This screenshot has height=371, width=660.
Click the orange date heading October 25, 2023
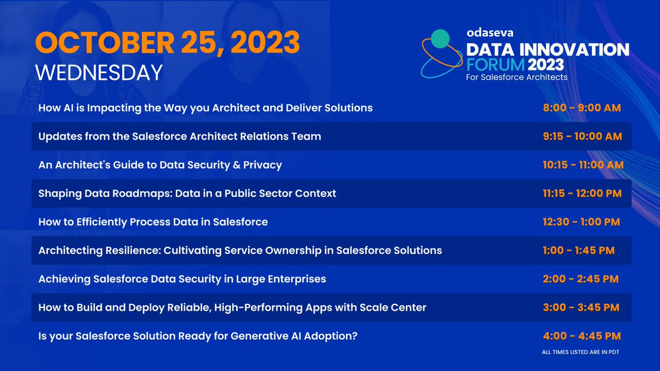(168, 43)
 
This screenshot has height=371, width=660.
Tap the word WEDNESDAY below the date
(98, 73)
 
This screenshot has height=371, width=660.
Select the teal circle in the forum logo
(439, 38)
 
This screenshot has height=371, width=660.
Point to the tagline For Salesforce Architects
(516, 77)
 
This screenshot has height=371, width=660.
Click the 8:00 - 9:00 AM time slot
(581, 108)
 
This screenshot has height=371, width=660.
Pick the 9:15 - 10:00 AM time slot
(582, 136)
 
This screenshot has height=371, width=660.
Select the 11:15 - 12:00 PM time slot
(582, 193)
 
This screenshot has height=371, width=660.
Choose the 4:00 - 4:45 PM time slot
(581, 336)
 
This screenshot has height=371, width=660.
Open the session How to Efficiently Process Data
(153, 222)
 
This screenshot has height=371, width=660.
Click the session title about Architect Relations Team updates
(179, 136)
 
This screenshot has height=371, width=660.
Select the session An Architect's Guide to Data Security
(160, 165)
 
